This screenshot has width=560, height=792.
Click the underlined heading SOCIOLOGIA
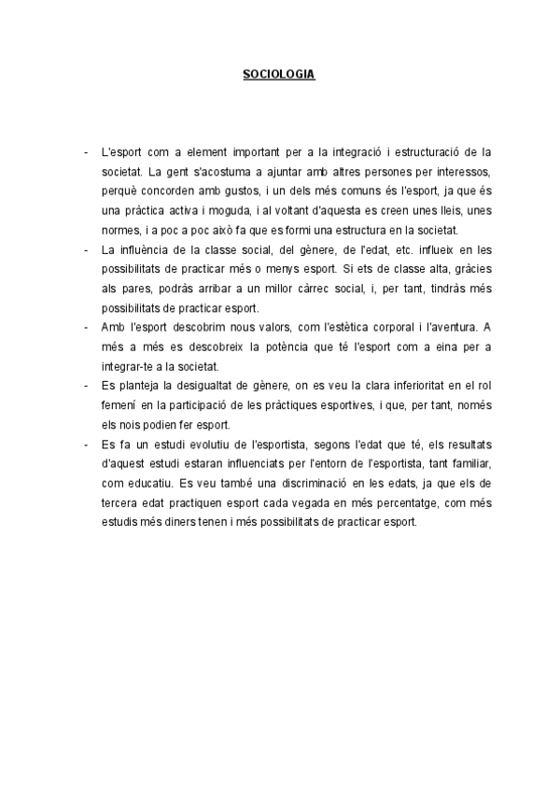[279, 73]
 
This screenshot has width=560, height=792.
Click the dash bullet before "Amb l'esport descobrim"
[85, 328]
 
